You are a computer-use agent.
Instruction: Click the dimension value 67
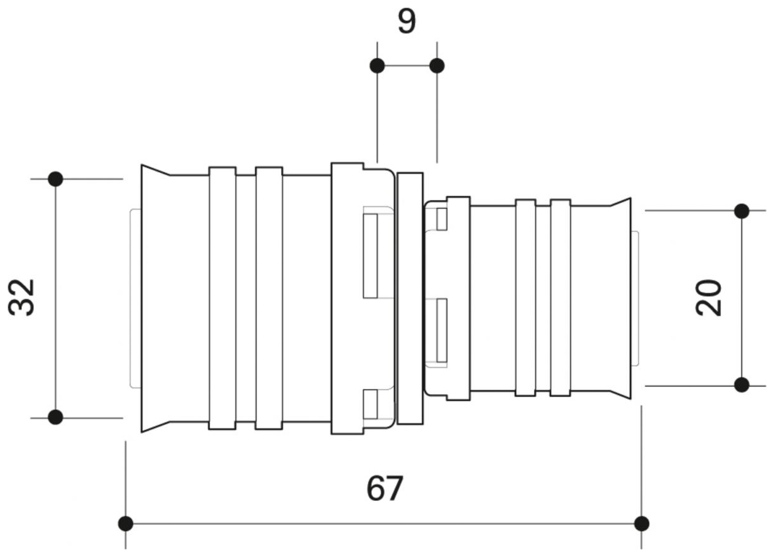click(x=384, y=490)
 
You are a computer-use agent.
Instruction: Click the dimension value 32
click(x=24, y=297)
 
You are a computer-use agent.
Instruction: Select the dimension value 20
click(x=710, y=297)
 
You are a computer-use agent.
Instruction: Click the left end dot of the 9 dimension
click(x=377, y=65)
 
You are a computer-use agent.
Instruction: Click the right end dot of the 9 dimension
click(x=437, y=65)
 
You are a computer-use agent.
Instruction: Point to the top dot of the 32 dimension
click(x=56, y=179)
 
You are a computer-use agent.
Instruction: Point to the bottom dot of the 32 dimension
click(x=56, y=417)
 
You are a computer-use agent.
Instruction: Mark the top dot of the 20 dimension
click(x=742, y=211)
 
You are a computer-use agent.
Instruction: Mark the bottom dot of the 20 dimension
click(x=742, y=385)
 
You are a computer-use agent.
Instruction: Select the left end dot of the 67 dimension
click(x=126, y=523)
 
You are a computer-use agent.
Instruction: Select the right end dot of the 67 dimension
click(x=642, y=523)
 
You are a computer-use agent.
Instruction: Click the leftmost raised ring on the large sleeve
click(x=223, y=298)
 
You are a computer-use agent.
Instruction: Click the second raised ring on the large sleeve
click(x=269, y=298)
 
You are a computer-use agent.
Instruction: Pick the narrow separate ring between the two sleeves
click(x=411, y=298)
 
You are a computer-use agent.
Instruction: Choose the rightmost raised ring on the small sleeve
click(x=560, y=298)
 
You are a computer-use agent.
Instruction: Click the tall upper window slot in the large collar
click(x=370, y=254)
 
